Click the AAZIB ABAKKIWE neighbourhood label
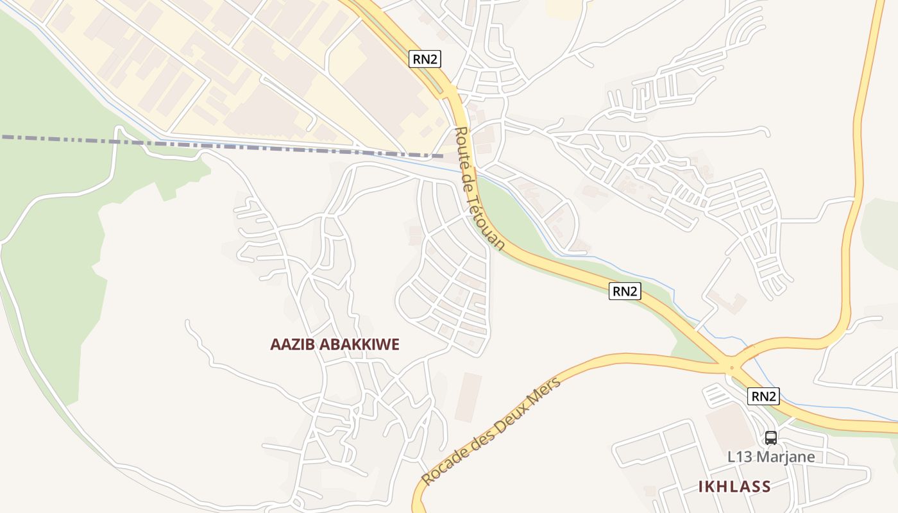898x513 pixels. (335, 344)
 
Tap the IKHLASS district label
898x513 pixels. (734, 487)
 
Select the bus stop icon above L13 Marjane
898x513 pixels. (771, 438)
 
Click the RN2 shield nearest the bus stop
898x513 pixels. (763, 397)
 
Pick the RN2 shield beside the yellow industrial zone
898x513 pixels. (425, 60)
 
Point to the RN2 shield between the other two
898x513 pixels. (625, 291)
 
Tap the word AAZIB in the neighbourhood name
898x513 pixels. (292, 344)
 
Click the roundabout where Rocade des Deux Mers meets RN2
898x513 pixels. (731, 367)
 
